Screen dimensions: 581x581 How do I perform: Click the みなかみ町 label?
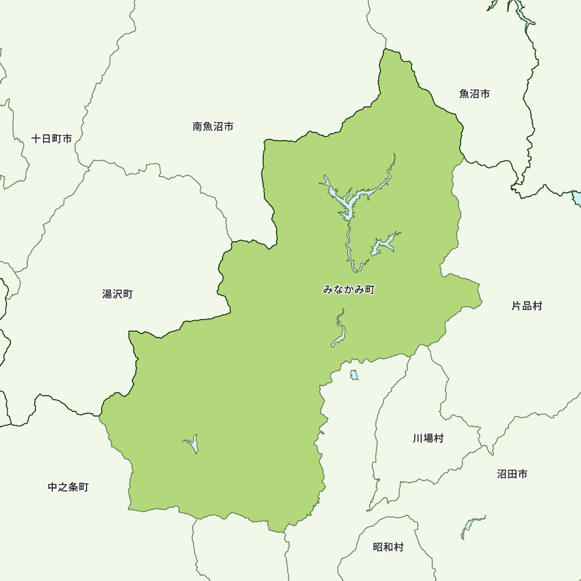349,289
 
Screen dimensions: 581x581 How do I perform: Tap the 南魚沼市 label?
213,126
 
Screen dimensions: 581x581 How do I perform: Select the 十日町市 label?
52,139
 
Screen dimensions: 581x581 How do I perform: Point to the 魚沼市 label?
474,94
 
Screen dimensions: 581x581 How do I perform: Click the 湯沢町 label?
117,295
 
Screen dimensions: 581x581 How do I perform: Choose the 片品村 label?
526,306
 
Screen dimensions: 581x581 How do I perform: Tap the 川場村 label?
428,438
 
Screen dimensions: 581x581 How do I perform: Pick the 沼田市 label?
512,474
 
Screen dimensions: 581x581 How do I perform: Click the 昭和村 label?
388,547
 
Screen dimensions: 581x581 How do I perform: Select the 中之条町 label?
68,487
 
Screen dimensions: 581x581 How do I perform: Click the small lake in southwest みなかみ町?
194,445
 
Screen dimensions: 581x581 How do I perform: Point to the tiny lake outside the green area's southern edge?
354,375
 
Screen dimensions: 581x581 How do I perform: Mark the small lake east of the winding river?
384,245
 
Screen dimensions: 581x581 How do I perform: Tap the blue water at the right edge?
577,198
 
